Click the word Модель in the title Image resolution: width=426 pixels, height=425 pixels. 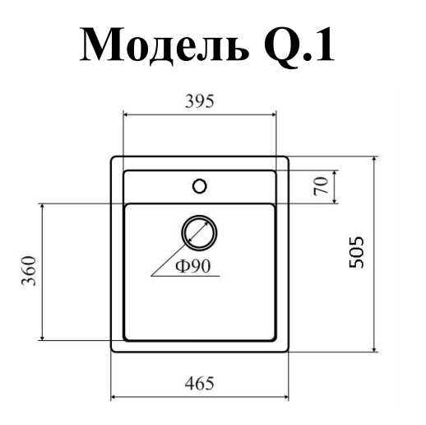pyautogui.click(x=164, y=45)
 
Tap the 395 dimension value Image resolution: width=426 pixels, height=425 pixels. pyautogui.click(x=199, y=101)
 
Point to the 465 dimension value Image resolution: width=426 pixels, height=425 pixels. pyautogui.click(x=199, y=383)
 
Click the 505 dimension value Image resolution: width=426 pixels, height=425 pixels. pyautogui.click(x=356, y=252)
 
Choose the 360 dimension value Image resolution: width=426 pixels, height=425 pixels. pyautogui.click(x=29, y=271)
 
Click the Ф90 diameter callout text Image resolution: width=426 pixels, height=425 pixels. pyautogui.click(x=192, y=266)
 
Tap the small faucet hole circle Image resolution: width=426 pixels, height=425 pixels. pyautogui.click(x=200, y=186)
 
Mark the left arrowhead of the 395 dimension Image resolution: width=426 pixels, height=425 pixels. pyautogui.click(x=126, y=114)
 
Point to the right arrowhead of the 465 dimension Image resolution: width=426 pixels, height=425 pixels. pyautogui.click(x=286, y=397)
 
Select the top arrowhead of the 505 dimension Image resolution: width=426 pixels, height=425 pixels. pyautogui.click(x=374, y=160)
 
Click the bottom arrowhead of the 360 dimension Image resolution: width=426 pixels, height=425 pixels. pyautogui.click(x=42, y=338)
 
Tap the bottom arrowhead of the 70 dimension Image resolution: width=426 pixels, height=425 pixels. pyautogui.click(x=335, y=201)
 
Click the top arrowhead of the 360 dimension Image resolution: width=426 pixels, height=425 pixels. pyautogui.click(x=42, y=207)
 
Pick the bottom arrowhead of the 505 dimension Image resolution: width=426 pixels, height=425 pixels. pyautogui.click(x=374, y=348)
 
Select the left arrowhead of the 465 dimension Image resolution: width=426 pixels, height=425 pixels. pyautogui.click(x=113, y=397)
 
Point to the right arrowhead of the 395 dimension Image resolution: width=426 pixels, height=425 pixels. pyautogui.click(x=273, y=114)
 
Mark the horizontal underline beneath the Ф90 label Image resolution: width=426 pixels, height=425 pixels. pyautogui.click(x=186, y=276)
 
